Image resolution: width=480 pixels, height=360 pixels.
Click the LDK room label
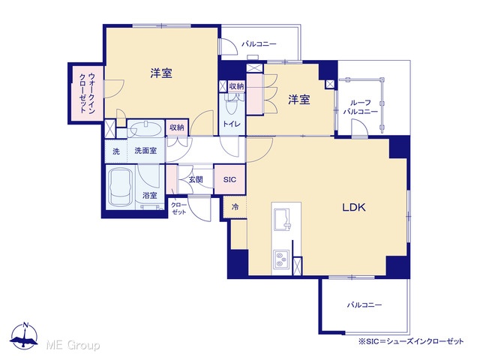click(353, 208)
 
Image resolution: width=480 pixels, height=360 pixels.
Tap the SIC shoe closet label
click(229, 180)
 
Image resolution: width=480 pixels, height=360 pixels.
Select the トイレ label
click(232, 124)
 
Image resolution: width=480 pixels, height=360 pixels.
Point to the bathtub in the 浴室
click(121, 187)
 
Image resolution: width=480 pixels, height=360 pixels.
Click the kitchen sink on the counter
click(282, 219)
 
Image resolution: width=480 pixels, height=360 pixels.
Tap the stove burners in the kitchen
click(281, 259)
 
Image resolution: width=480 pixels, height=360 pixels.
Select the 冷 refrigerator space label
click(235, 207)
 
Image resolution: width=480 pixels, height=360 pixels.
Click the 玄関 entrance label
click(196, 179)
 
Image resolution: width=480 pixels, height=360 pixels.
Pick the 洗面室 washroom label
click(145, 151)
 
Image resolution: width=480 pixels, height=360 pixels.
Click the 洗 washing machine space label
click(116, 151)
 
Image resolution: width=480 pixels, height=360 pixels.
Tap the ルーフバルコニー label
click(360, 107)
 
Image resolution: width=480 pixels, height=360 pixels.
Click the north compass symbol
click(24, 336)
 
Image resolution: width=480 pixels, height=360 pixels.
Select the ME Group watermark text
click(73, 346)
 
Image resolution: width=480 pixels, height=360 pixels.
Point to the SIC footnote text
click(411, 341)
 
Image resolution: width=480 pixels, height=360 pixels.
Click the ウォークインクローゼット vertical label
click(87, 93)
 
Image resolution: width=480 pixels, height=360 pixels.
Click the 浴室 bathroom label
click(150, 195)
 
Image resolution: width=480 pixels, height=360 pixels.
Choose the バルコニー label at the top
click(259, 44)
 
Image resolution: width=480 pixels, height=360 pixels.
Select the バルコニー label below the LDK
click(364, 305)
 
